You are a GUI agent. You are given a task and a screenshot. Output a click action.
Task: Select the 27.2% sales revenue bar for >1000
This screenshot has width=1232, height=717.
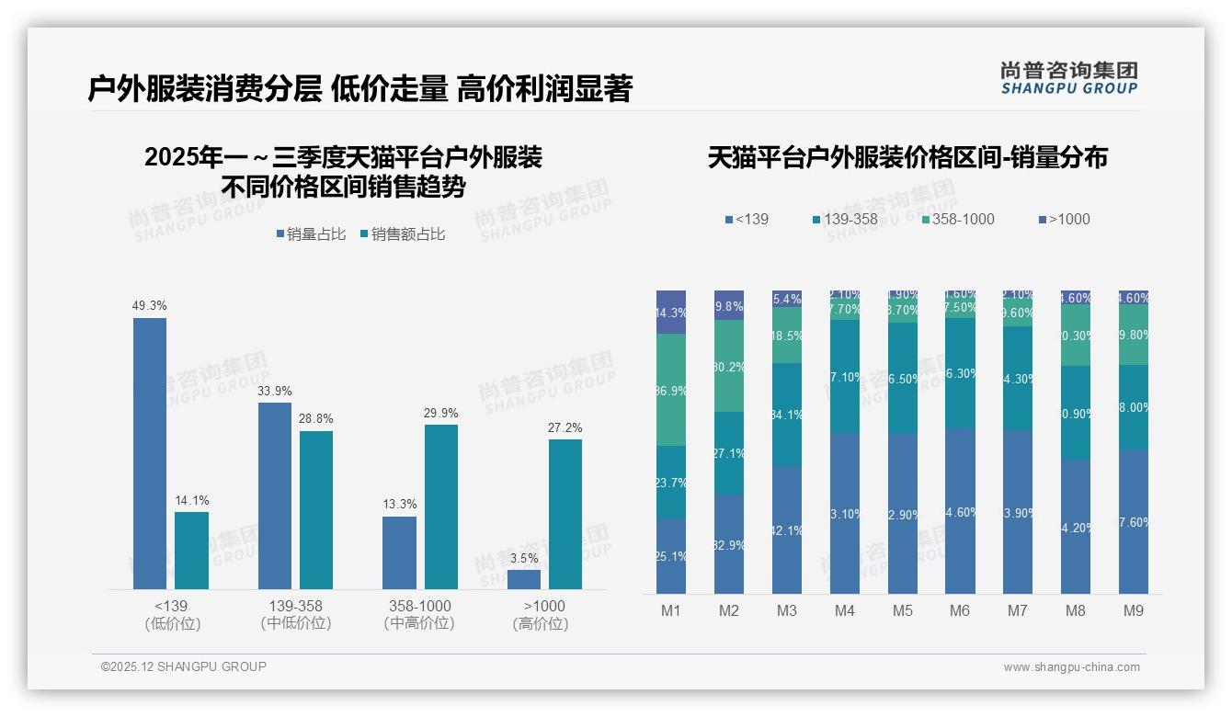(x=565, y=514)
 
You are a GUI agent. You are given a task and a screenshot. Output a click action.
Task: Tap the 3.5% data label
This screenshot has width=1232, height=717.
(x=523, y=558)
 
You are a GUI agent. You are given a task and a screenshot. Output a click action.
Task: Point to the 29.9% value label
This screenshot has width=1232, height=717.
(x=440, y=413)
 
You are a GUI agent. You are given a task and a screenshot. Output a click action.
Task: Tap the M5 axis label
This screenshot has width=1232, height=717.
(x=902, y=610)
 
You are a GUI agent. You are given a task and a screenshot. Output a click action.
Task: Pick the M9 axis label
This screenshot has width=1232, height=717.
(x=1134, y=610)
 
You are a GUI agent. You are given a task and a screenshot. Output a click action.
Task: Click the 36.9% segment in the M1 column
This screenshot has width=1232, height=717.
(x=671, y=390)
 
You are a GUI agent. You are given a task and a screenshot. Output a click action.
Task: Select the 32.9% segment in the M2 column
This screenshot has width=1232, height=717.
(x=729, y=544)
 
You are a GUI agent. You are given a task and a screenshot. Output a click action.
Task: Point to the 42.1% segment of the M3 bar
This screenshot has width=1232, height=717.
(x=787, y=529)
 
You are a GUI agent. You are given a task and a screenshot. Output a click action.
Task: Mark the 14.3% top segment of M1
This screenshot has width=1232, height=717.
(x=671, y=312)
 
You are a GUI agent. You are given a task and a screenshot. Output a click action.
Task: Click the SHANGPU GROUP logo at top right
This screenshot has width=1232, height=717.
(x=1068, y=77)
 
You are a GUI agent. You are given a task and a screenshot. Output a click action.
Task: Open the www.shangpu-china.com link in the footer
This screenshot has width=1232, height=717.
(x=1071, y=667)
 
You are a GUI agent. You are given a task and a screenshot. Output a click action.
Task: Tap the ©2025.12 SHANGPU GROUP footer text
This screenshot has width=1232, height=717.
(x=184, y=666)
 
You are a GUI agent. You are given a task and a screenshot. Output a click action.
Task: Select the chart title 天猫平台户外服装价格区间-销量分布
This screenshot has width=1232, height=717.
(x=907, y=157)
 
